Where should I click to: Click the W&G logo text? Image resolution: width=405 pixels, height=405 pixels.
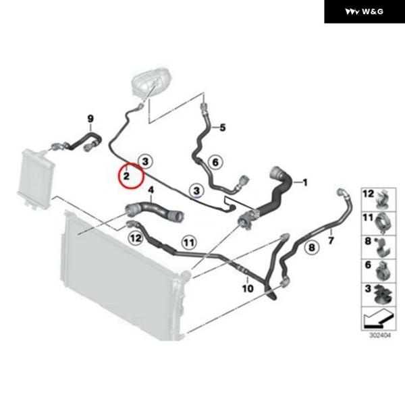click(373, 11)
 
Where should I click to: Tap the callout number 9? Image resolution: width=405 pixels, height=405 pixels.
click(90, 119)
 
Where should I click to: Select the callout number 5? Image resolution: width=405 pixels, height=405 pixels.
click(223, 128)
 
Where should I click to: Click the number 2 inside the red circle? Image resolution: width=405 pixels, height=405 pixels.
click(126, 176)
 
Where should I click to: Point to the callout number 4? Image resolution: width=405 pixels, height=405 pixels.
click(151, 190)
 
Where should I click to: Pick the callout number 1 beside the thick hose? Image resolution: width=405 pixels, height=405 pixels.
click(305, 183)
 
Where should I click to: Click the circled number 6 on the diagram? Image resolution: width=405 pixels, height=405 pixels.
click(215, 162)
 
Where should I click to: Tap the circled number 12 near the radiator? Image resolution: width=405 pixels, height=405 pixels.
click(136, 238)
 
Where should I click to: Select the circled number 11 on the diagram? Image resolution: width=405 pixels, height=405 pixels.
click(189, 242)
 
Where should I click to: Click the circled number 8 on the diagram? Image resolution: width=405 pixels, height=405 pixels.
click(312, 248)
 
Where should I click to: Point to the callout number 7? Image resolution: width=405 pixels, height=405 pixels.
click(331, 241)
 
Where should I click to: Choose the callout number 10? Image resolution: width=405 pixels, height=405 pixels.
click(248, 288)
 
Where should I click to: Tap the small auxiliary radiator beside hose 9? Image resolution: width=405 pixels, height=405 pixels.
click(36, 178)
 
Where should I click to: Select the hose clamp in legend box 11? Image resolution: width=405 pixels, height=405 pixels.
click(384, 223)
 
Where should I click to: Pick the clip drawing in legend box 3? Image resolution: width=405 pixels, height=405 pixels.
click(383, 295)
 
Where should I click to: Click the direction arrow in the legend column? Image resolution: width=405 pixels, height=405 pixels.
click(379, 320)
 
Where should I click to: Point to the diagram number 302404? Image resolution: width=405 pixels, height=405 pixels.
click(380, 335)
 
